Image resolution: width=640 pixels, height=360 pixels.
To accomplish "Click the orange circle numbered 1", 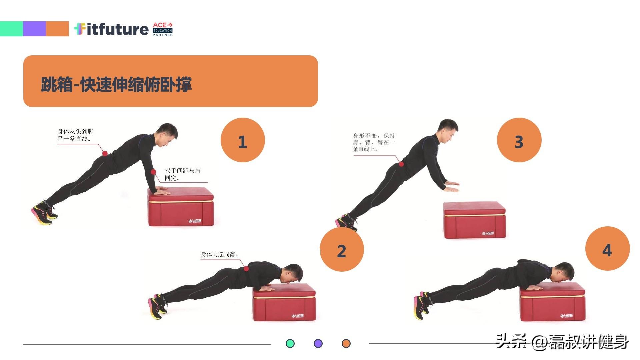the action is [x=243, y=140].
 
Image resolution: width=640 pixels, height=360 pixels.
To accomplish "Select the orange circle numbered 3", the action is [x=519, y=140].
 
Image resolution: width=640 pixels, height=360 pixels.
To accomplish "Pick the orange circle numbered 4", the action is [x=607, y=249].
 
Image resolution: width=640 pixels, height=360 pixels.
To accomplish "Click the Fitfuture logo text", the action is [x=111, y=29].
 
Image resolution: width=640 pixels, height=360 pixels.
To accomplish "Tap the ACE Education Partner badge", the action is [x=163, y=29].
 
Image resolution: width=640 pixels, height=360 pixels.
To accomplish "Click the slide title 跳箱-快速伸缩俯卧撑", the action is [x=116, y=84].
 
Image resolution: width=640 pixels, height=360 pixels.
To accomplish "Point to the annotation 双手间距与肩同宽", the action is [x=182, y=174].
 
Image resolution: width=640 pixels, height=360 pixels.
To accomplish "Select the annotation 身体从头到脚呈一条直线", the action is [x=75, y=135].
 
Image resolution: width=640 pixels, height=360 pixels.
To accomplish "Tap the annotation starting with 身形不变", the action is [x=374, y=142].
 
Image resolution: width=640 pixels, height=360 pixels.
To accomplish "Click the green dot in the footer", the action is [x=290, y=344].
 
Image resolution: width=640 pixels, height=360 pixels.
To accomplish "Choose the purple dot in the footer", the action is [x=318, y=344].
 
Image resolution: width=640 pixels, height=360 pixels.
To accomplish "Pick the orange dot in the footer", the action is [x=346, y=344].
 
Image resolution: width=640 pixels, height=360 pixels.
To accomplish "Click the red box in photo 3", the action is [x=475, y=220].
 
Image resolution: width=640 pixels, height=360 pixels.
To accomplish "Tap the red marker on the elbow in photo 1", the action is [x=153, y=172].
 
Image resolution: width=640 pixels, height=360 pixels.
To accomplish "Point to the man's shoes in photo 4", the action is [x=422, y=305].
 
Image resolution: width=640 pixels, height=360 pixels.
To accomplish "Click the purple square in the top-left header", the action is [x=34, y=29].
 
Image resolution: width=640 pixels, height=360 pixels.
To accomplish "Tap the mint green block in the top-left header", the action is [x=11, y=29].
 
